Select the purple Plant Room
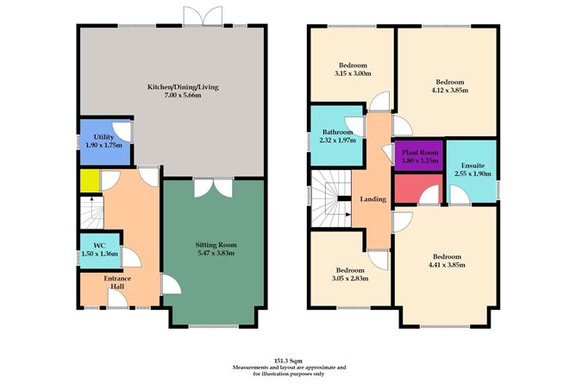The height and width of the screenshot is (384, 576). click(418, 155)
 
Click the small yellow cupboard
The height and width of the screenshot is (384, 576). click(89, 181)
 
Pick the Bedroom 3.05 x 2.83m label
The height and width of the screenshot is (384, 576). click(351, 274)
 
